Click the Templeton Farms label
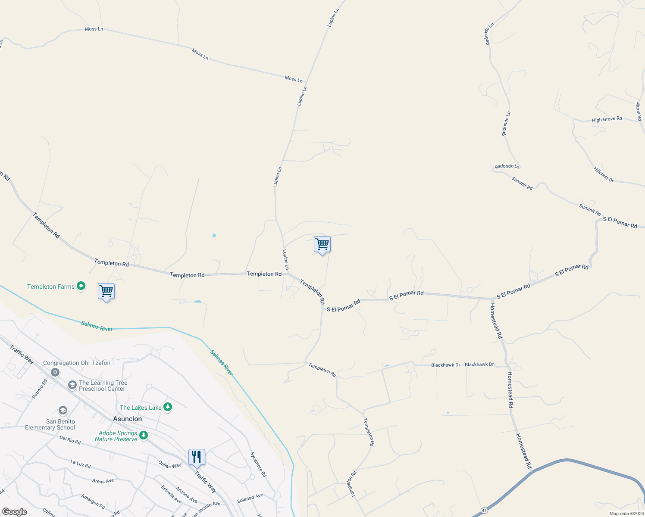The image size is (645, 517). (x=51, y=287)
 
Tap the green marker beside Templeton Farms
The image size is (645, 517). (x=81, y=286)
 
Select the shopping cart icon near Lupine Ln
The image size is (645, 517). (x=322, y=245)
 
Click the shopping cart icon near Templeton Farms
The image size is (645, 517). (x=106, y=292)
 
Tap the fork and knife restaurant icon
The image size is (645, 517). (x=197, y=458)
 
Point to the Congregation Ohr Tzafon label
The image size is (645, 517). (x=77, y=363)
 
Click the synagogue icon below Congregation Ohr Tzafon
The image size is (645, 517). (x=55, y=372)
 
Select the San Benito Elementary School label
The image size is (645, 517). (x=50, y=424)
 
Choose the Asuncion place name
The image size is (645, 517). (x=127, y=419)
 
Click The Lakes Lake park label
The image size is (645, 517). (x=141, y=408)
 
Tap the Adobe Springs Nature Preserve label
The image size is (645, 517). (x=116, y=436)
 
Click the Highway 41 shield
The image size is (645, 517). (x=484, y=511)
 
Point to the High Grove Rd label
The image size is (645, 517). (x=607, y=119)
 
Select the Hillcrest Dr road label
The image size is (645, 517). (x=603, y=174)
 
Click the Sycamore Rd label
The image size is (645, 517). (x=258, y=464)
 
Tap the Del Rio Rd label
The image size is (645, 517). (x=70, y=440)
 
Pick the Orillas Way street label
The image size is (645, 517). (x=169, y=465)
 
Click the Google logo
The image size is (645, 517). (x=15, y=512)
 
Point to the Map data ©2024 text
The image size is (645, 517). (x=626, y=514)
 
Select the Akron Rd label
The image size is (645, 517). (x=639, y=111)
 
